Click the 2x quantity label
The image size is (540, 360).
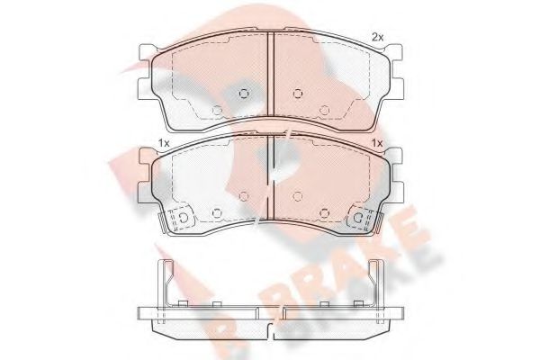(x=378, y=36)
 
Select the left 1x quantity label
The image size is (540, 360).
(x=164, y=143)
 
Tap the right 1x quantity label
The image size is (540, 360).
(x=378, y=143)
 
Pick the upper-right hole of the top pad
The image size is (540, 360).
(x=298, y=91)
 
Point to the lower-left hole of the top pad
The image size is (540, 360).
(x=216, y=111)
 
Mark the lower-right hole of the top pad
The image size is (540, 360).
(x=325, y=111)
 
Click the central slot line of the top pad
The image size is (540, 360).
(x=271, y=81)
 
